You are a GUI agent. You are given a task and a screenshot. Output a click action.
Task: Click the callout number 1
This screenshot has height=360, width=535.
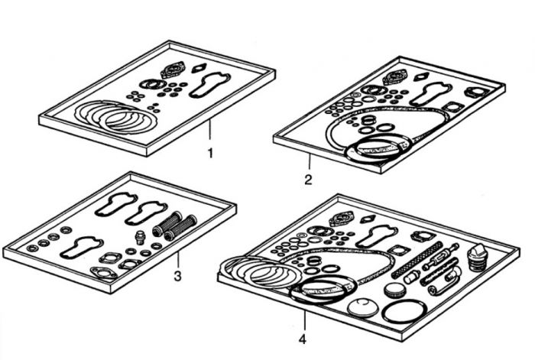click(210, 153)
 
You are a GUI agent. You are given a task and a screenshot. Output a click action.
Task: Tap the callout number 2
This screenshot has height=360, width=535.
click(308, 180)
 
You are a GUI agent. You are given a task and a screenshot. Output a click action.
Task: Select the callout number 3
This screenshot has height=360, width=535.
click(177, 276)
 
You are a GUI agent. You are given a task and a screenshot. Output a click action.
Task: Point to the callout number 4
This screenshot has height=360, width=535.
click(303, 339)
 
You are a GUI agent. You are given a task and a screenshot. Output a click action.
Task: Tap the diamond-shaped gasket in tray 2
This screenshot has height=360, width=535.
click(420, 76)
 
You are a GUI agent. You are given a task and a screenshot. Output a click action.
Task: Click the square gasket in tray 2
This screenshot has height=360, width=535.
click(453, 108)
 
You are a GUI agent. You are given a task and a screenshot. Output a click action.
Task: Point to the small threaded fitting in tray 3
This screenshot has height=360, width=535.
click(139, 237)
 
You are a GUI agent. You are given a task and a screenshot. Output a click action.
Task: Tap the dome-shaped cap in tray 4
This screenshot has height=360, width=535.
click(363, 306)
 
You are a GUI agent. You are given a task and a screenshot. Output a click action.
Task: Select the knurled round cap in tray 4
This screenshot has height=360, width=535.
click(395, 290)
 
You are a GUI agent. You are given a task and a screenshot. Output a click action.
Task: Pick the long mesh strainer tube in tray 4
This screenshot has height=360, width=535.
click(418, 259)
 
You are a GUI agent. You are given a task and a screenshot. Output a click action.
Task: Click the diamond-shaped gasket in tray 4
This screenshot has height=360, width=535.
click(368, 219)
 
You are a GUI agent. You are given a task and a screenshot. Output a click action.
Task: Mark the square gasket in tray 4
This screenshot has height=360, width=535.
click(396, 251)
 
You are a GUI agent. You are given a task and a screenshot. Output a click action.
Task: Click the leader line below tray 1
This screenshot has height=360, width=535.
click(210, 128)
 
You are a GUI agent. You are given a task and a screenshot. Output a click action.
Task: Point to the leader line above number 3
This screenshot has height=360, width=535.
click(178, 260)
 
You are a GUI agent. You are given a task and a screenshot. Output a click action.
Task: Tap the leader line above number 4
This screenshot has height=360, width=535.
click(305, 321)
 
